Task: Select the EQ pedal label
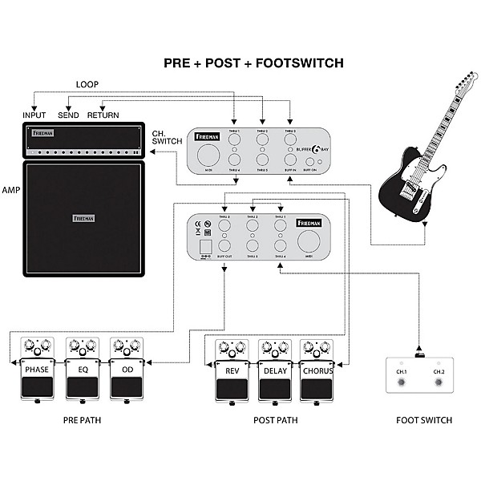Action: tap(83, 370)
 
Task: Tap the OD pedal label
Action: tap(127, 370)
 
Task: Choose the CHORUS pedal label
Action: tap(317, 370)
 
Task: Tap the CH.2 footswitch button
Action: tap(438, 383)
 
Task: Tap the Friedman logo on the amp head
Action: tap(42, 134)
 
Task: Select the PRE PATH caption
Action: tap(83, 420)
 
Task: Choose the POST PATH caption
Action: tap(274, 420)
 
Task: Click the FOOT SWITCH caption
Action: tap(424, 420)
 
